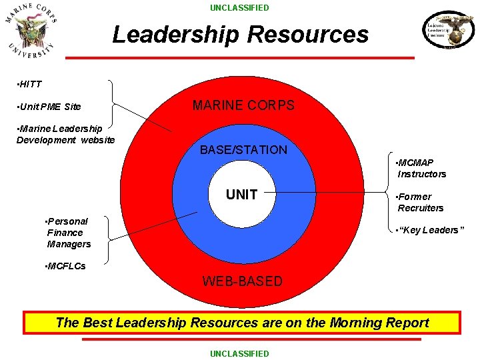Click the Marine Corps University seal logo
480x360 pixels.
click(31, 31)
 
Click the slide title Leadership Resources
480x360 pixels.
click(240, 34)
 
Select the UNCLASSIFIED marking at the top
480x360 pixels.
click(240, 8)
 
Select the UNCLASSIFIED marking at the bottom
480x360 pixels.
click(240, 353)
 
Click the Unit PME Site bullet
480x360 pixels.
click(48, 107)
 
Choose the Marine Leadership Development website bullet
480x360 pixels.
click(65, 134)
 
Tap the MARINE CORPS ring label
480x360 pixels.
click(243, 105)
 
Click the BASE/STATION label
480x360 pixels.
click(243, 150)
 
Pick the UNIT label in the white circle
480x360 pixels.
click(241, 195)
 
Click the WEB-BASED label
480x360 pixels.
click(243, 281)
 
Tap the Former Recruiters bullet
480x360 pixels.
click(420, 202)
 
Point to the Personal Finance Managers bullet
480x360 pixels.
click(67, 233)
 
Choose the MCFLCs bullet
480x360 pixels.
click(64, 266)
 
